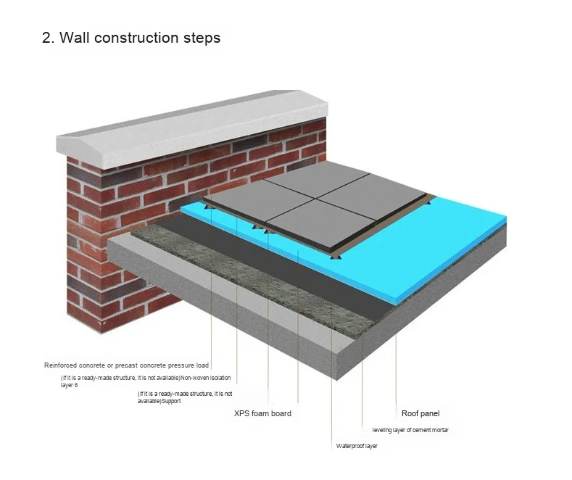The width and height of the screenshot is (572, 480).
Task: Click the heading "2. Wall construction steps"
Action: (x=131, y=38)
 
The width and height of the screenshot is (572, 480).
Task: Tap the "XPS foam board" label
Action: (x=262, y=413)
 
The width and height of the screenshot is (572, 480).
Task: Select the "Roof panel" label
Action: (x=420, y=413)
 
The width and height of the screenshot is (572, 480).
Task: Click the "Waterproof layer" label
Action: (x=357, y=446)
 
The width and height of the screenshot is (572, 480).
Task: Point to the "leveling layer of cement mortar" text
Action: (x=410, y=430)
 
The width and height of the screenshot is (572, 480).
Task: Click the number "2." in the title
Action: (x=49, y=38)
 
